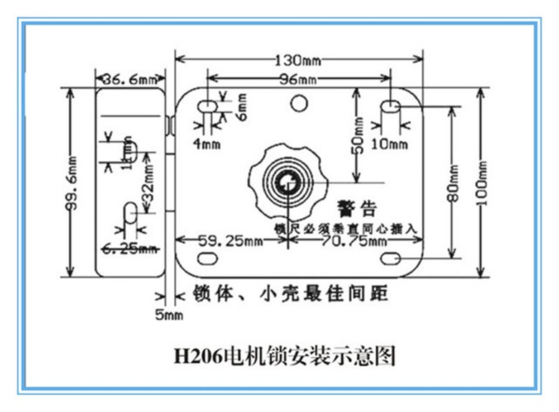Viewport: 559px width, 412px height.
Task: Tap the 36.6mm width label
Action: (x=129, y=79)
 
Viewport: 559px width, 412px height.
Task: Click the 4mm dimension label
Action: (x=207, y=143)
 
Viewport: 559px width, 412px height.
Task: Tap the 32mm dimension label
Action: (x=149, y=189)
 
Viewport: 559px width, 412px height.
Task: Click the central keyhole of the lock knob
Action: (x=288, y=183)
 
